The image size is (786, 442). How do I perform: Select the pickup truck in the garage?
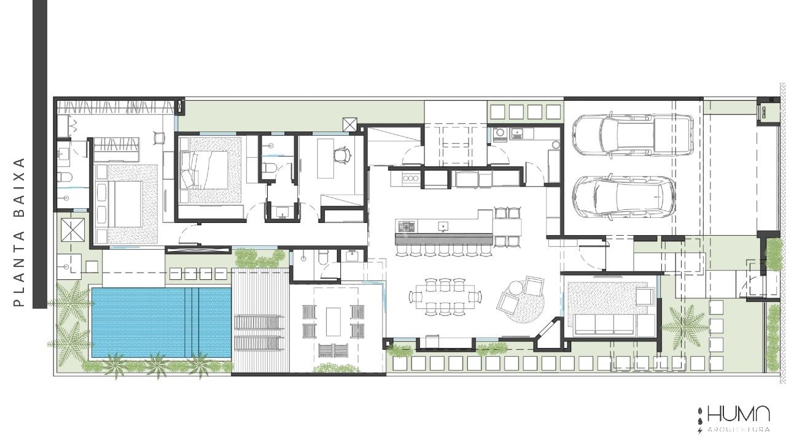[632, 134]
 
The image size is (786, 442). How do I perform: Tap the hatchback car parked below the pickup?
[624, 197]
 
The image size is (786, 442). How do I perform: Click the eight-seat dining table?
[445, 297]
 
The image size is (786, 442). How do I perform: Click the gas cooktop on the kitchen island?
[406, 226]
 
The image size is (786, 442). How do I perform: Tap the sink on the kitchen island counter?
[442, 227]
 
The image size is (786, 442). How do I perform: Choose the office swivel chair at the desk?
[341, 155]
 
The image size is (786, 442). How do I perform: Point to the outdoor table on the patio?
[333, 322]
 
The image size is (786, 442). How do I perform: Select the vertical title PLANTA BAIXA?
[20, 232]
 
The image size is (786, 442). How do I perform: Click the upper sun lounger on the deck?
[259, 323]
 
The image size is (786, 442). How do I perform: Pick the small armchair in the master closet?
[159, 138]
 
